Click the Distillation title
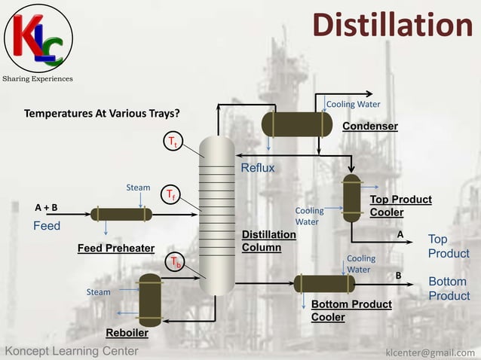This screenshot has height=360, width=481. pos(393,26)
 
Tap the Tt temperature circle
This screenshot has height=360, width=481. pos(173,142)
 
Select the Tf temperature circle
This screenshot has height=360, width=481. pos(172,195)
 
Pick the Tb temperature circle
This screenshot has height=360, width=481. pos(175,262)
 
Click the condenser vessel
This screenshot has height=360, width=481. pos(296,124)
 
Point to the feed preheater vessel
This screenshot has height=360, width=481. pos(121,215)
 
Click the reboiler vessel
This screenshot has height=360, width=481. pos(150,300)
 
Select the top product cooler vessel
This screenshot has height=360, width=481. pos(351,197)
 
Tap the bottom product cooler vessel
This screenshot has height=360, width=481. pos(324,284)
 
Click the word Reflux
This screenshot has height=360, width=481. pos(258,168)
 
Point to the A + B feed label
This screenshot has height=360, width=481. pos(46,207)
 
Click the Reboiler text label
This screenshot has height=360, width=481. pos(127,333)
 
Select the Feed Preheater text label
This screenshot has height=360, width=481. pos(116,248)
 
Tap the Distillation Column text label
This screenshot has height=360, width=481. pos(269,241)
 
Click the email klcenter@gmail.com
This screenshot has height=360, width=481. pos(430,352)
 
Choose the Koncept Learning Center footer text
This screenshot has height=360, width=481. pos(72,351)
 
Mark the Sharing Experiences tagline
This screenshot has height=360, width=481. pos(38,79)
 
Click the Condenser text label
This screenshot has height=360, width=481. pos(370,126)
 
